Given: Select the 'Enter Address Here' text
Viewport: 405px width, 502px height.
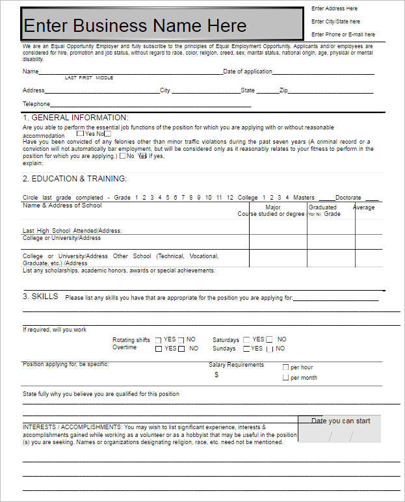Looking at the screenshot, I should (334, 8).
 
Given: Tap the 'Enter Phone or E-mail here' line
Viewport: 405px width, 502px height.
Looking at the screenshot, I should (343, 34).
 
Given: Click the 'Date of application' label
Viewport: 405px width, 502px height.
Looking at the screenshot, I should (248, 72).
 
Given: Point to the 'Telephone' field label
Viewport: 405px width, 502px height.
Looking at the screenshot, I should (36, 104).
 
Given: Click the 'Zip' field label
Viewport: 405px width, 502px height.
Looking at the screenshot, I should (283, 90).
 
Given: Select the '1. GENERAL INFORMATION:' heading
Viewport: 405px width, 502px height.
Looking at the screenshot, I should (75, 118).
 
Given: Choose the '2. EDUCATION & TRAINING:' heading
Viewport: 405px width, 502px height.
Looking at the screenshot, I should (75, 179).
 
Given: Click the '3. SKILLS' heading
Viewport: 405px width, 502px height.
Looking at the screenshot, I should (40, 297).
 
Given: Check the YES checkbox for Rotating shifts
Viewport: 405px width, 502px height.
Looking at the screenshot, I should (159, 340).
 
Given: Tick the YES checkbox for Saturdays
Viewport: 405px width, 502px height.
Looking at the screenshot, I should (246, 340).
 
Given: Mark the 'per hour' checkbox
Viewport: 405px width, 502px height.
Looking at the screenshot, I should (285, 367).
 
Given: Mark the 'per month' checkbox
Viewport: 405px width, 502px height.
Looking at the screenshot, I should (285, 377).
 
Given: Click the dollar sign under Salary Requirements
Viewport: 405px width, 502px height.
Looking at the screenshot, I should (216, 375).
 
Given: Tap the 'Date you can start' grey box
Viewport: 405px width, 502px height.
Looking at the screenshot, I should (339, 429).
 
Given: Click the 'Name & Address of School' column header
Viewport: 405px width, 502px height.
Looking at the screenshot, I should (62, 205).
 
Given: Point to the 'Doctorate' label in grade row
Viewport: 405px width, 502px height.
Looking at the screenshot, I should (348, 198).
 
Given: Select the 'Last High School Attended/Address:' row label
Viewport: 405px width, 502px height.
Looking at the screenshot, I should (72, 230).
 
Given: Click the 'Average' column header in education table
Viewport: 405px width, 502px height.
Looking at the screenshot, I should (363, 207).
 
